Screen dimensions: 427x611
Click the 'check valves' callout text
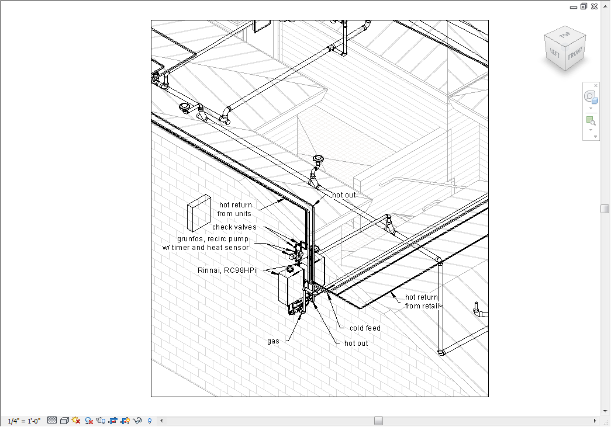tap(234, 227)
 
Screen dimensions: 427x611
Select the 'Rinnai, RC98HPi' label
tap(227, 270)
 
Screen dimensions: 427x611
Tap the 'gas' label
tap(273, 341)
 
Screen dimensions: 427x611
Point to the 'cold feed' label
tap(365, 328)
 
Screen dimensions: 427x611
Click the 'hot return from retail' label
tap(422, 301)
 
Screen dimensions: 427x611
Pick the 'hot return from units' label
tap(235, 209)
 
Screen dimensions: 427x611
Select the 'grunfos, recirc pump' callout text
tap(213, 239)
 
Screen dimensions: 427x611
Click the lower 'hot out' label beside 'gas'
tap(356, 343)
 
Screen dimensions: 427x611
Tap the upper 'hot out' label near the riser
tap(344, 195)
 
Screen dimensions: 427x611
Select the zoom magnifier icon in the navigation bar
tap(590, 121)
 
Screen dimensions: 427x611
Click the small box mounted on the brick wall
tap(199, 213)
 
